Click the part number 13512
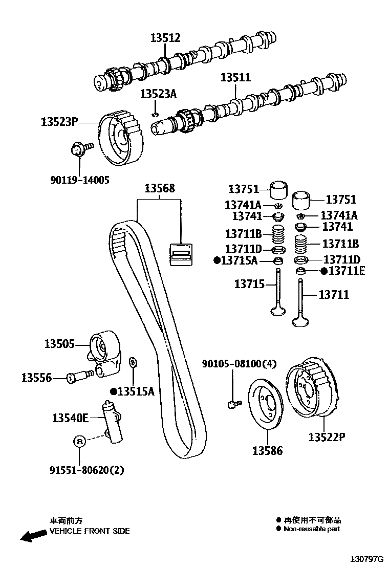click(165, 37)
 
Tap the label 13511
click(235, 78)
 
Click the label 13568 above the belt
click(159, 189)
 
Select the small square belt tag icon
click(181, 253)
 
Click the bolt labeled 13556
click(81, 377)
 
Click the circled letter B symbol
click(79, 441)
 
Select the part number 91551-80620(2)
click(87, 469)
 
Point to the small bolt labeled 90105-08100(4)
click(233, 404)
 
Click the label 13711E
click(347, 271)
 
